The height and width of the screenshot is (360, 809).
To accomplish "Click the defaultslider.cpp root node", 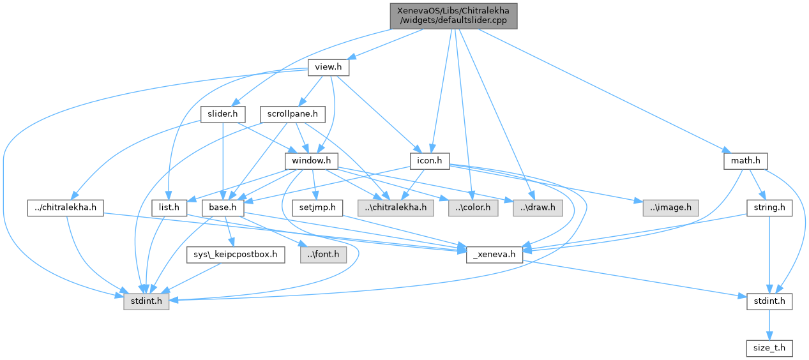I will click(452, 15).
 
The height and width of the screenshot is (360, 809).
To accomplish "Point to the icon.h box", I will click(429, 161).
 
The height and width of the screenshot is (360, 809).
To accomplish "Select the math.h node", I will click(745, 161).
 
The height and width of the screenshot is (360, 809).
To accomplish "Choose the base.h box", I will click(219, 207).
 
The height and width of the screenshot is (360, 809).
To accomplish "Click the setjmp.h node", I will click(317, 207).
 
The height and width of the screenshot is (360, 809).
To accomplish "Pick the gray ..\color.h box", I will click(473, 207).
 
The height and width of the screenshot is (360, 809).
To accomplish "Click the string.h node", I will click(769, 207).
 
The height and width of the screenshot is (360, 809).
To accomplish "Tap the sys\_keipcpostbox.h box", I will click(236, 255).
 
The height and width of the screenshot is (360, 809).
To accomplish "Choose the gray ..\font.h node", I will click(323, 255).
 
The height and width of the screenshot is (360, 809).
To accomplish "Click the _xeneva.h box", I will click(495, 255).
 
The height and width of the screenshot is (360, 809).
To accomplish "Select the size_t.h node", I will click(769, 349).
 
